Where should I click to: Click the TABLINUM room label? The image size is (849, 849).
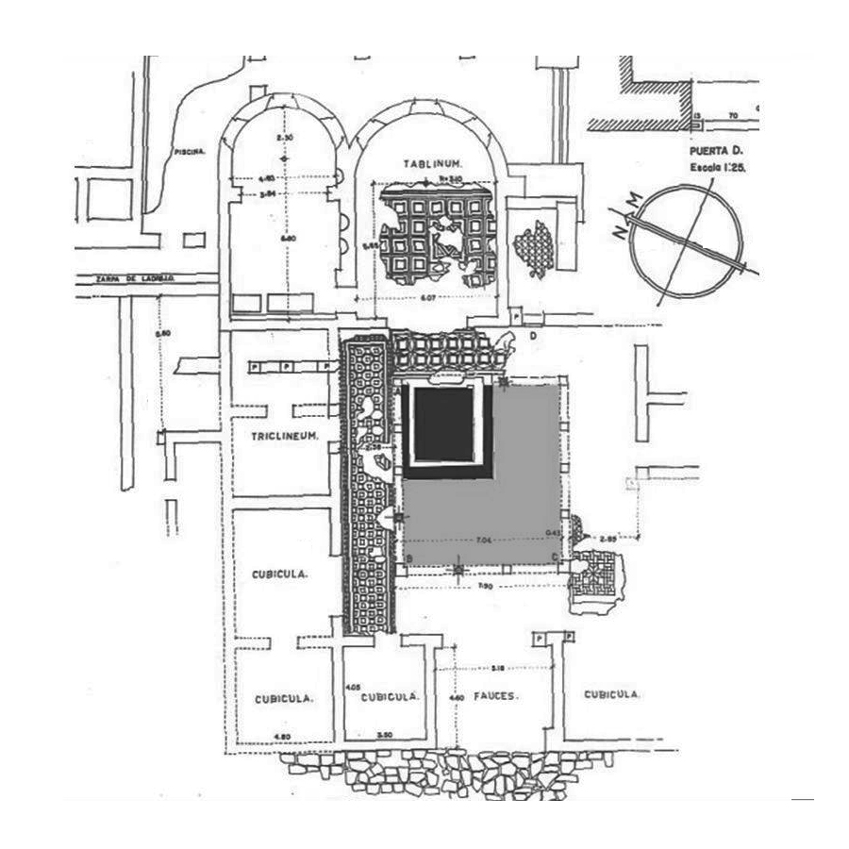430,163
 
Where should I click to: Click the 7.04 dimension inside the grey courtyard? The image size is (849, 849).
484,541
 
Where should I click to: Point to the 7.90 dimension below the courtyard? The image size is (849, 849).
486,586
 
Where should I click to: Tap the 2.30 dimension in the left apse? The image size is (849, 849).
279,139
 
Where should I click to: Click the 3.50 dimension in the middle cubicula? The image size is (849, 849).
383,733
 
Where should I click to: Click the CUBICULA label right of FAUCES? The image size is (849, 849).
612,695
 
